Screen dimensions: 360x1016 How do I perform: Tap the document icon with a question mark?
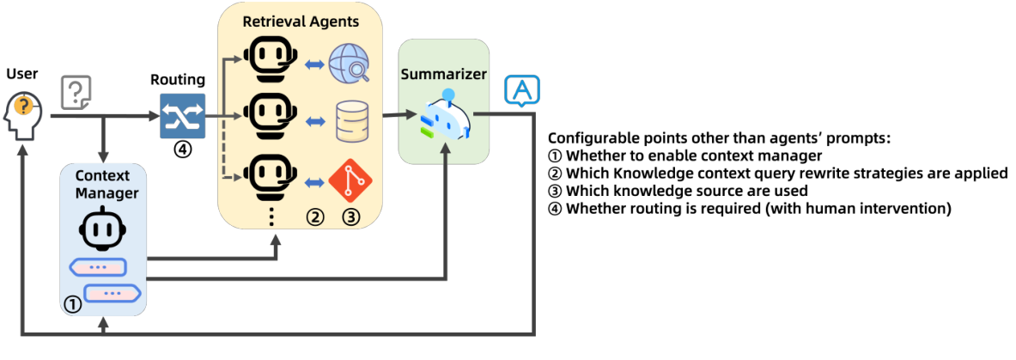click(x=76, y=93)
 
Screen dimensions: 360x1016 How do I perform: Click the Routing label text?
click(x=178, y=80)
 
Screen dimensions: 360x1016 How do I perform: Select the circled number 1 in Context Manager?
click(x=74, y=304)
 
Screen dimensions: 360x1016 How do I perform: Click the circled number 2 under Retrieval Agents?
click(x=315, y=217)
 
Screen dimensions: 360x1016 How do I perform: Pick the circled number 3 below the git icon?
click(x=350, y=217)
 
